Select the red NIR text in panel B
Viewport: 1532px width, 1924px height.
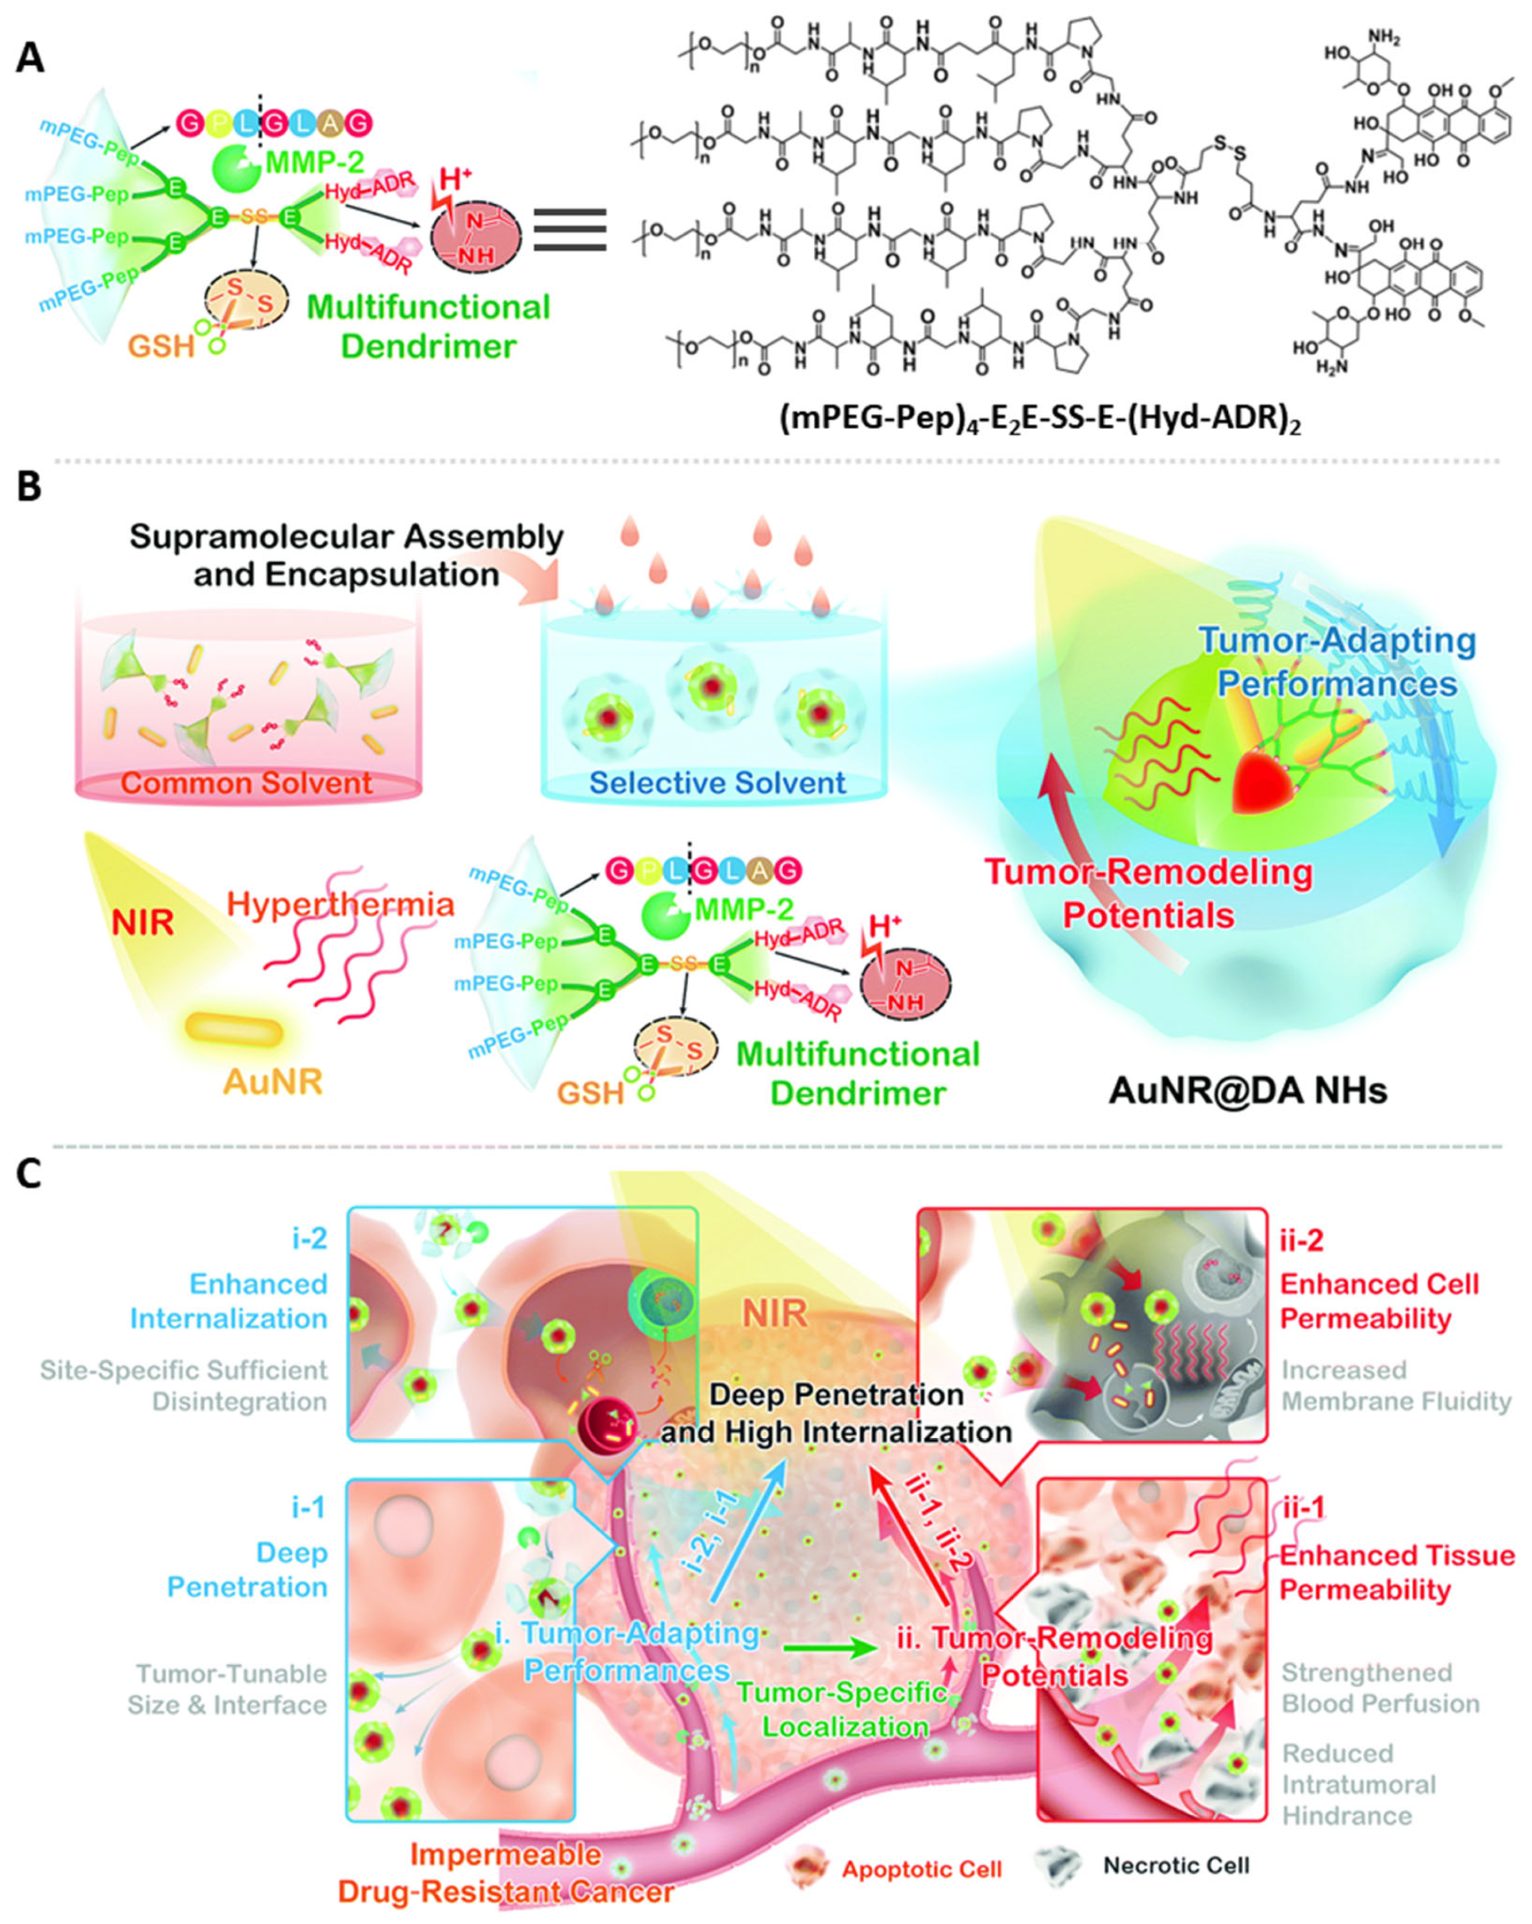143,922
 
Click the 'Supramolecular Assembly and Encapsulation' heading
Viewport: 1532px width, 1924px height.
346,554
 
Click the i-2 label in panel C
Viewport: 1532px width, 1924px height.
307,1239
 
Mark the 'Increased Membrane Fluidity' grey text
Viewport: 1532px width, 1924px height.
1395,1386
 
